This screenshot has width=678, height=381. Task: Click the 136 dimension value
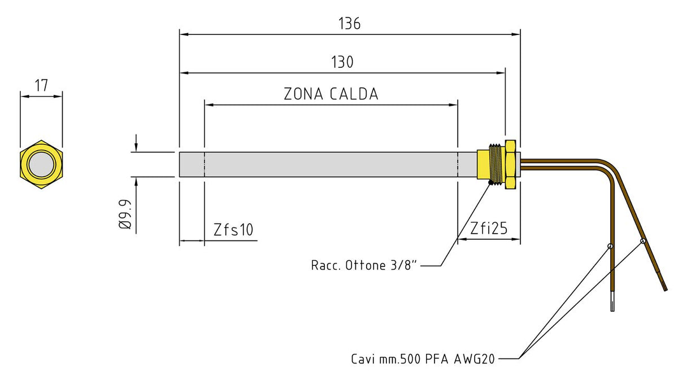tap(349, 24)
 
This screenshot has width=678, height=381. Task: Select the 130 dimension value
tap(342, 62)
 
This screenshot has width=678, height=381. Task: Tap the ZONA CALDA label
tap(331, 94)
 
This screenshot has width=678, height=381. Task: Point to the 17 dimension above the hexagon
tap(41, 86)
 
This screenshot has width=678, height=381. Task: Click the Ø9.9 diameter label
tap(125, 215)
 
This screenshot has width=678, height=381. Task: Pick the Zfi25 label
tap(489, 229)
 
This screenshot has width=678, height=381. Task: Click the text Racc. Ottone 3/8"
tap(364, 265)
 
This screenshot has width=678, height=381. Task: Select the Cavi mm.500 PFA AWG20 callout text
tap(423, 358)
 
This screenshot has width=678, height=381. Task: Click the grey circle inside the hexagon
tap(41, 164)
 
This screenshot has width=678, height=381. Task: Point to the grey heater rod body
tap(328, 164)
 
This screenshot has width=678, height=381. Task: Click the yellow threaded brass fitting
tap(497, 164)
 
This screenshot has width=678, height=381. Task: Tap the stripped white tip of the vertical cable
tap(612, 303)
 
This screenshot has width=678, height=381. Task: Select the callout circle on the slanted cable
tap(643, 241)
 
